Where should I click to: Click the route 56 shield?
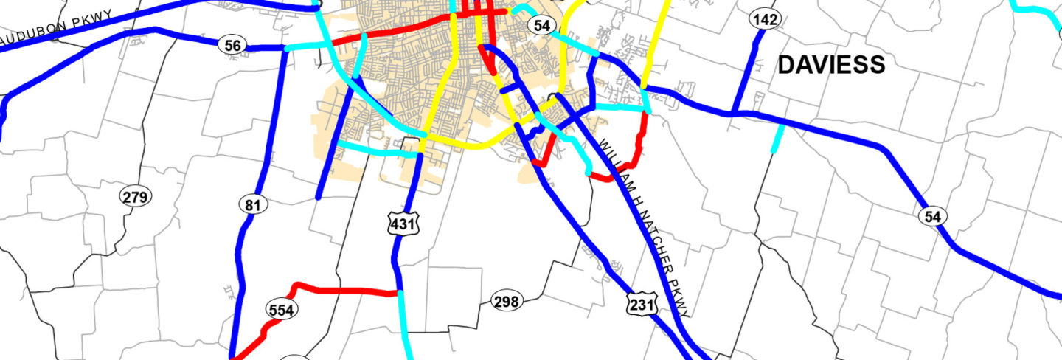click(232, 46)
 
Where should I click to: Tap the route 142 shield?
click(765, 19)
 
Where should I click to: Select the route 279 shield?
click(136, 197)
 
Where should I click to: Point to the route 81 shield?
click(252, 204)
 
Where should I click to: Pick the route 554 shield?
click(281, 310)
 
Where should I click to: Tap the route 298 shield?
click(507, 301)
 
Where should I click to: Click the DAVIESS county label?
click(831, 65)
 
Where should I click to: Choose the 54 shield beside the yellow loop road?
click(542, 25)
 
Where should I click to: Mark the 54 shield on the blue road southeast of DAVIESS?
click(933, 216)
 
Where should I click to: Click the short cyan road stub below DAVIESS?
click(777, 138)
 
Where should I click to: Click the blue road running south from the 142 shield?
click(743, 74)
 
